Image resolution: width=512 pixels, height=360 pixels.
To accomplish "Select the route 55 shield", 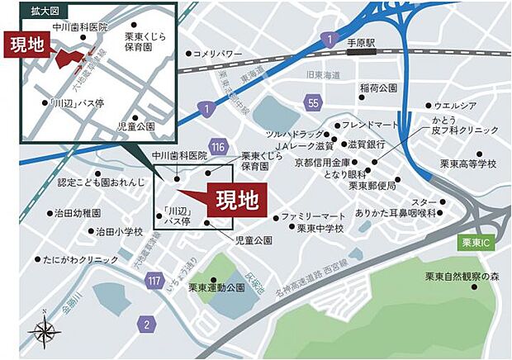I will (311, 102).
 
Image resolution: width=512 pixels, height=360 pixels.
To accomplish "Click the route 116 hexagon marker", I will (218, 146).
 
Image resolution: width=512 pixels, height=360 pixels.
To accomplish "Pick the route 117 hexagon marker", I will (154, 282).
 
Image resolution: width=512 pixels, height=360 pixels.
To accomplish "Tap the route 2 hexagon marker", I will (146, 323).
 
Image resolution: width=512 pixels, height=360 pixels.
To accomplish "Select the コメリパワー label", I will (217, 54).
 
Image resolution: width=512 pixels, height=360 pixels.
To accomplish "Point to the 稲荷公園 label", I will (379, 88).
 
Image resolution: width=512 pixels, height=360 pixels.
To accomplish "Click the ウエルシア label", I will (455, 106).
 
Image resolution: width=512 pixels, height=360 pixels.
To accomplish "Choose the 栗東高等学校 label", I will (468, 164).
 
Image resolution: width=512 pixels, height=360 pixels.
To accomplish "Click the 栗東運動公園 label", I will (216, 288).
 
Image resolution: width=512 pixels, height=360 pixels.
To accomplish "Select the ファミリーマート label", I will (313, 216).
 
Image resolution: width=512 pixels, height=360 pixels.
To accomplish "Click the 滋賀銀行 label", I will (360, 144).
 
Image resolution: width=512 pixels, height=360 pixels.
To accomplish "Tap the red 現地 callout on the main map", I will (235, 199).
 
